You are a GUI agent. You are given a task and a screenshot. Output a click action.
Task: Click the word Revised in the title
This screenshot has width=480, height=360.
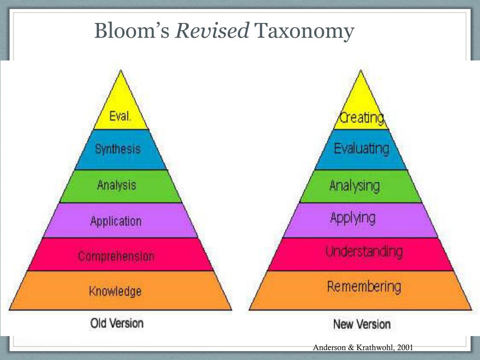click(x=212, y=31)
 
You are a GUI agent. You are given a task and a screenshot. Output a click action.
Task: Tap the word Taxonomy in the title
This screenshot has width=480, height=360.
click(x=303, y=31)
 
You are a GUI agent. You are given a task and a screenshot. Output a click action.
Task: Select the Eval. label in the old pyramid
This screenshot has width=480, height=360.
click(x=120, y=116)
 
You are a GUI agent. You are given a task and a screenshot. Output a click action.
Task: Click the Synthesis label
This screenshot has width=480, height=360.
click(x=118, y=149)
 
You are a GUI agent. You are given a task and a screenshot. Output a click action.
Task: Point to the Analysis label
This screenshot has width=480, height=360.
click(x=117, y=185)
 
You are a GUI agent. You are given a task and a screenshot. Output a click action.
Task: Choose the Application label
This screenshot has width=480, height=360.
click(x=116, y=221)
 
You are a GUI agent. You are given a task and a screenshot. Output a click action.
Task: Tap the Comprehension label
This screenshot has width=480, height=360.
click(x=116, y=256)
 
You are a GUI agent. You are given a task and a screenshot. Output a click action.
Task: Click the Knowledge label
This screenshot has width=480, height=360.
click(x=115, y=292)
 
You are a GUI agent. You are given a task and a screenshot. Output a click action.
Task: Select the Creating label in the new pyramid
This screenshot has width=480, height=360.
click(x=362, y=118)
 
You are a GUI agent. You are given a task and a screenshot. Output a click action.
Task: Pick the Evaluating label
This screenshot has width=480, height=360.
click(x=361, y=149)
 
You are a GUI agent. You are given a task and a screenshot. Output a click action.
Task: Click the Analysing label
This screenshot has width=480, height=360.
click(x=354, y=186)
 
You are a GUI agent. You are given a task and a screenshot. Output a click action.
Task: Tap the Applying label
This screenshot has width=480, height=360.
click(x=353, y=218)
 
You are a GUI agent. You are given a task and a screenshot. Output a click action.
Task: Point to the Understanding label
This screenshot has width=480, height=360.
click(x=364, y=251)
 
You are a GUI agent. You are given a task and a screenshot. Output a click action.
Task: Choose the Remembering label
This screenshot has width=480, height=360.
click(x=364, y=286)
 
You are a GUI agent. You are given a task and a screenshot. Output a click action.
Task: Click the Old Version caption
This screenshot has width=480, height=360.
click(x=117, y=323)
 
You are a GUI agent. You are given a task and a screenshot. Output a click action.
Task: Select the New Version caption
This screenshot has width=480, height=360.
click(x=362, y=324)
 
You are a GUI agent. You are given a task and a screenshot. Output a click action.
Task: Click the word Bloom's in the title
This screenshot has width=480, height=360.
click(x=132, y=31)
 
